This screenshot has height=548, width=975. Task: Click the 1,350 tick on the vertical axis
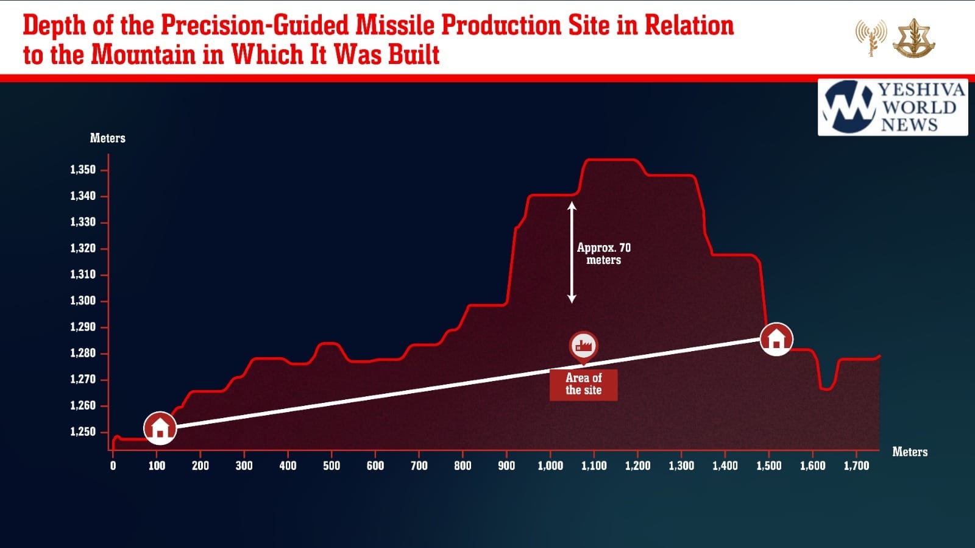(83, 170)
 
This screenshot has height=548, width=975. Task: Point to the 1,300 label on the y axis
(83, 301)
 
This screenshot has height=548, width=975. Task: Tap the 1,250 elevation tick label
(83, 432)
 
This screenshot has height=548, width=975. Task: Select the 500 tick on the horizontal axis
(331, 466)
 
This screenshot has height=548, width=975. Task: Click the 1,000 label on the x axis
(550, 466)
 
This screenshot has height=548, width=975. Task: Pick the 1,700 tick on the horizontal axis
(856, 466)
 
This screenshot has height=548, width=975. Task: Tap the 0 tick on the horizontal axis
(113, 466)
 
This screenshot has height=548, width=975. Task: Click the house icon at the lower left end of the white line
(160, 427)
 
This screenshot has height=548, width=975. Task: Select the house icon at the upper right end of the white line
(776, 338)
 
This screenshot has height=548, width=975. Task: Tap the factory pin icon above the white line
(583, 346)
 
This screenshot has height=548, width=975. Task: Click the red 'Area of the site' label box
(583, 385)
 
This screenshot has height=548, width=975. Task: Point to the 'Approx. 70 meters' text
(604, 254)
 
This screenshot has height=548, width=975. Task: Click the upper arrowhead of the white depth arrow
(572, 206)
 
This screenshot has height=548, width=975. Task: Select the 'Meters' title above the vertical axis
(108, 138)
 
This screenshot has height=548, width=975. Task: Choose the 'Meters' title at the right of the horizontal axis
(910, 452)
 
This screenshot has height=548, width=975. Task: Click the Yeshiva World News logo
(893, 107)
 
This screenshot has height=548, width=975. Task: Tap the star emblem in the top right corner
(913, 38)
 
